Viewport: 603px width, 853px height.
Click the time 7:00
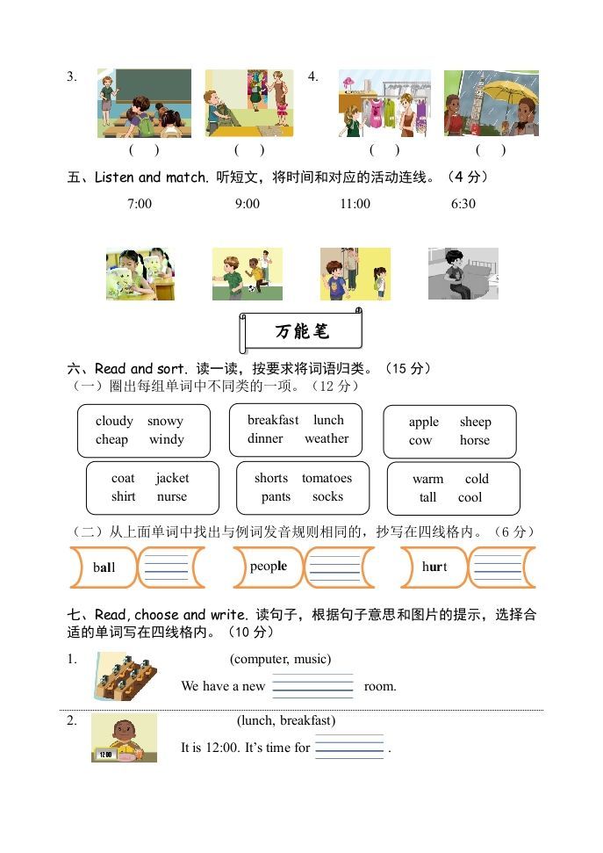coord(140,204)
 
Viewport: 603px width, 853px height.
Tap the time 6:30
coord(463,204)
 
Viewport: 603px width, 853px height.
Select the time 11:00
coord(355,204)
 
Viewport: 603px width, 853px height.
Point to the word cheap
coord(111,440)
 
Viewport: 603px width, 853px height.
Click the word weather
coord(327,439)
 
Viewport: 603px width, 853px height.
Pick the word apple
coord(423,422)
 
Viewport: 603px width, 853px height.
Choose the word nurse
coord(172,497)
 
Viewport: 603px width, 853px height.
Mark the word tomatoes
coord(327,479)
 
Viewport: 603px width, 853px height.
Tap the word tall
coord(427,497)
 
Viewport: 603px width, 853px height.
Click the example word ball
coord(104,567)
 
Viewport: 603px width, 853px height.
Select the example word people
coord(268,567)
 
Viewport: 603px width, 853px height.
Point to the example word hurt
coord(434,567)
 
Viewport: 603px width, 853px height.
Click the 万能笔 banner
coord(301,332)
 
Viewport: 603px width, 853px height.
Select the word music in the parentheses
coord(311,659)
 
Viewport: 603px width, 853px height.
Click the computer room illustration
coord(125,676)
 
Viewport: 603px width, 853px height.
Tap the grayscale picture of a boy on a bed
coord(463,273)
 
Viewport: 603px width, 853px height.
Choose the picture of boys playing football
coord(247,273)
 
